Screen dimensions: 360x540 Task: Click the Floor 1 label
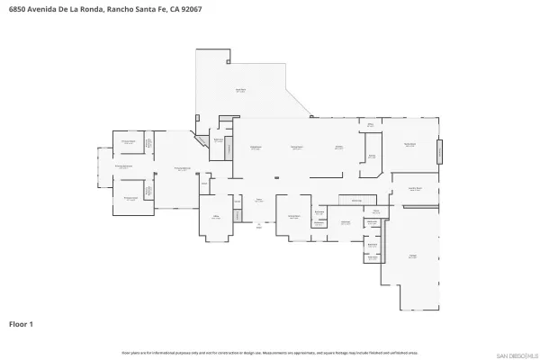[x=21, y=322]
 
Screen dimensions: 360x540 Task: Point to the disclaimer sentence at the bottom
[x=269, y=353]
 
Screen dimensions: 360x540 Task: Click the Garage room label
[x=413, y=256]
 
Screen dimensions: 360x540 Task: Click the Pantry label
[x=371, y=156]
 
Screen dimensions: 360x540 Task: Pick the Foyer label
[x=258, y=200]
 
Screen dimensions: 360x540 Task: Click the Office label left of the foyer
[x=216, y=217]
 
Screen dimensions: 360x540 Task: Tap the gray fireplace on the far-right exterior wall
[x=441, y=150]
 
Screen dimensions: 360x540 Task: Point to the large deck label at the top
[x=240, y=90]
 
